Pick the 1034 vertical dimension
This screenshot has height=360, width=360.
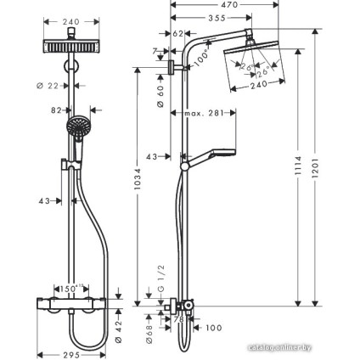click(139, 179)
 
